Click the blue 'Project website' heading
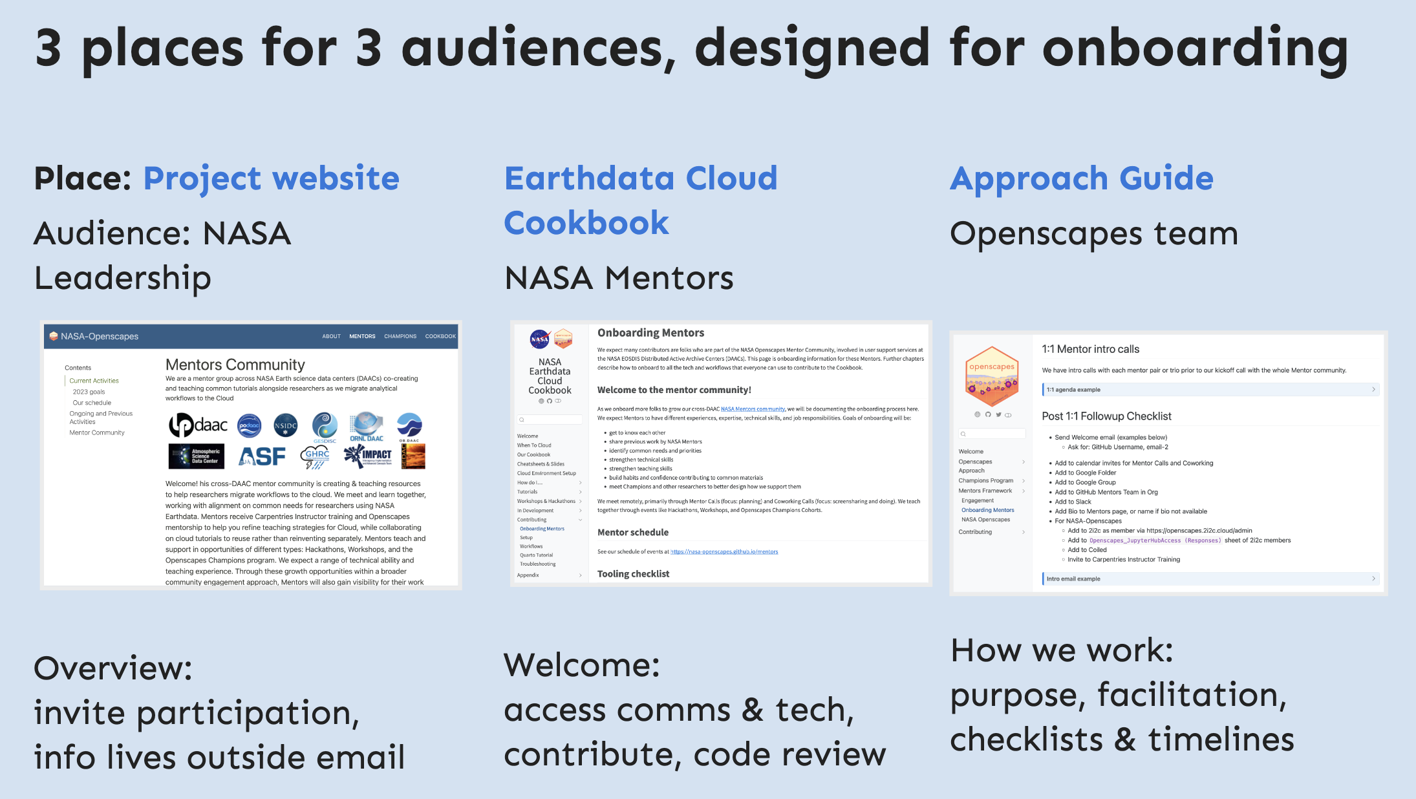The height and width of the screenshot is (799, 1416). coord(271,178)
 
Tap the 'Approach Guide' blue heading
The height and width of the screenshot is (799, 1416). coord(1081,178)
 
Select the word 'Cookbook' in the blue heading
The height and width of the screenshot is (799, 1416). coord(586,223)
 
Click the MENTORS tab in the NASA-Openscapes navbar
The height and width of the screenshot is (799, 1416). coord(362,336)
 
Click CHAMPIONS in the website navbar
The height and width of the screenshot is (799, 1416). coord(400,336)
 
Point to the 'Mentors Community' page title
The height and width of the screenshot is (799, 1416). coord(235,365)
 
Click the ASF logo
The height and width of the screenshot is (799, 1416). coord(262,456)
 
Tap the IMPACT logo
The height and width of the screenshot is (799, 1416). coord(369,456)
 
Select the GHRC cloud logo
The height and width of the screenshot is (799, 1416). coord(316,456)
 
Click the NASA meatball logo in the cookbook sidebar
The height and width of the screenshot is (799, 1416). coord(539,338)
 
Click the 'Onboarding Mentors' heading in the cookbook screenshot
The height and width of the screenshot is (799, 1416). coord(650,333)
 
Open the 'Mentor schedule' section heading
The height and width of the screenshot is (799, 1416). coord(632,532)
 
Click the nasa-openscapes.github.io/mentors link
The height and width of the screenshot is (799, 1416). coord(724,551)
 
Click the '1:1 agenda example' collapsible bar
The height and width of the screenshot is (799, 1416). coord(1210,389)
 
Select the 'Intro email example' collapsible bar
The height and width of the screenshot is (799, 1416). coord(1210,579)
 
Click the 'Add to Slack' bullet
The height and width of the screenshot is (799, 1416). coord(1073,502)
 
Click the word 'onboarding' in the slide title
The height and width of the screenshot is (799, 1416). coord(1196,48)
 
